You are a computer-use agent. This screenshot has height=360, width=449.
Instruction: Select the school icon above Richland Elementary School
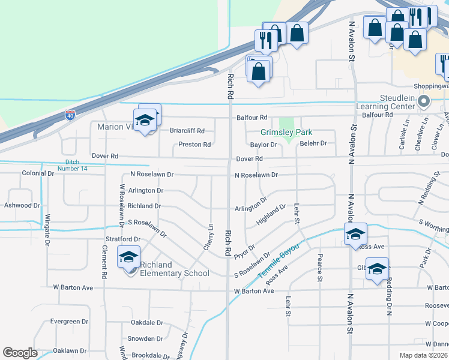[x=128, y=257]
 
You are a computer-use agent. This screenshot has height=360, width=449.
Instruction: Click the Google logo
[x=20, y=353]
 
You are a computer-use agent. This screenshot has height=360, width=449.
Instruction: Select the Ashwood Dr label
[x=22, y=205]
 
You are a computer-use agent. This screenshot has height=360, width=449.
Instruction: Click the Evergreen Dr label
[x=69, y=322]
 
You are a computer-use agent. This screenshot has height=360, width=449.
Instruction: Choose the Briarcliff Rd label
[x=187, y=131]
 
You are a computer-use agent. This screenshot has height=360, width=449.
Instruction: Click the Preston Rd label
[x=194, y=145]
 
